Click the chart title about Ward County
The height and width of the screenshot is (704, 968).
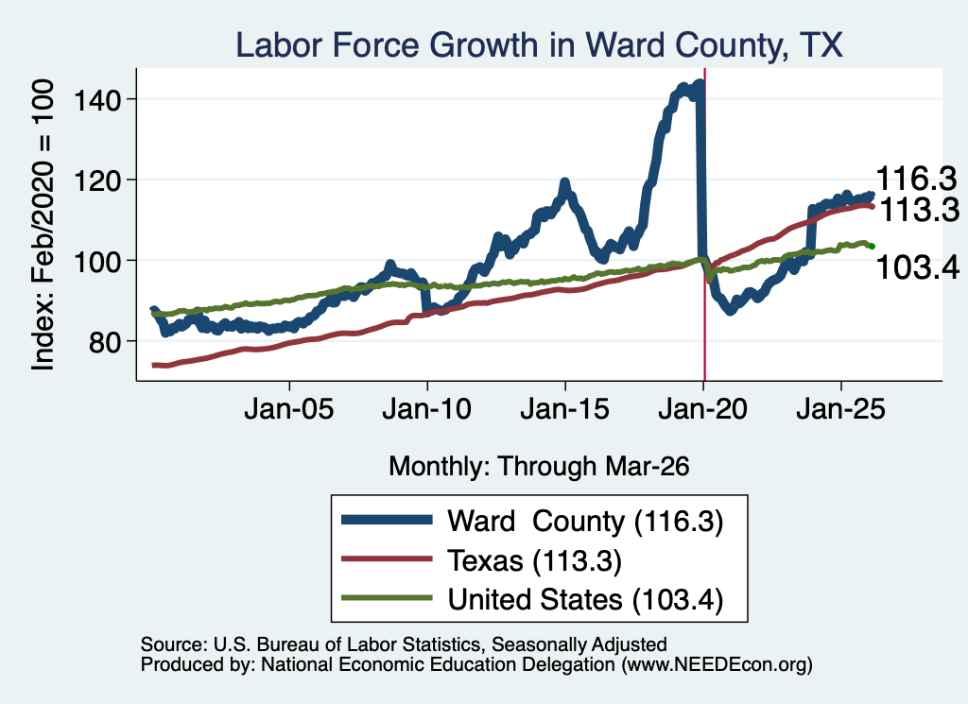(x=539, y=45)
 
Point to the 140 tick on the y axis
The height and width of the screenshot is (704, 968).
(x=96, y=100)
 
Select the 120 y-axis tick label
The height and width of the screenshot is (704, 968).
(x=96, y=180)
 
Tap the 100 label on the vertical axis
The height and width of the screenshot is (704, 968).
(x=96, y=261)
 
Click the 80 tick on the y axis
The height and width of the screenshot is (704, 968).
(x=104, y=342)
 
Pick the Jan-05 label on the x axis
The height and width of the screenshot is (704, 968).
(x=289, y=409)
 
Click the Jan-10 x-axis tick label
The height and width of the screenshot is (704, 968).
(x=426, y=409)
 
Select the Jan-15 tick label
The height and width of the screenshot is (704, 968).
(x=565, y=409)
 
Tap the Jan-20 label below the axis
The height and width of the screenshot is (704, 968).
(x=702, y=409)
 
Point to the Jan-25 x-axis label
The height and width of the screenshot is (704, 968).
(x=840, y=409)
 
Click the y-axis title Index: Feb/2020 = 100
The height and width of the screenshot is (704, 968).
(x=43, y=225)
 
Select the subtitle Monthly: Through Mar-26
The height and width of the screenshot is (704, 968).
(x=539, y=467)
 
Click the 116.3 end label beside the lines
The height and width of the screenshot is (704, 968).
(x=916, y=179)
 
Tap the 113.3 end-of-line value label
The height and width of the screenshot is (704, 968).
(x=919, y=210)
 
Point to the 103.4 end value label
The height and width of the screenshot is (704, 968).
(x=917, y=267)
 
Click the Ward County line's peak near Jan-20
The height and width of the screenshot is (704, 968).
(x=700, y=82)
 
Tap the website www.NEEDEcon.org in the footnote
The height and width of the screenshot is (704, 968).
(x=717, y=664)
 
